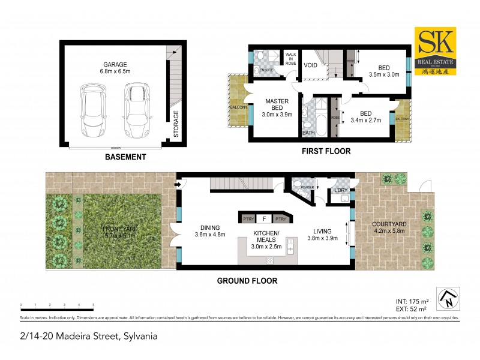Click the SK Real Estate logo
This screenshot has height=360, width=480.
pyautogui.click(x=436, y=50)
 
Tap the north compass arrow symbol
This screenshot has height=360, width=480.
pyautogui.click(x=446, y=296)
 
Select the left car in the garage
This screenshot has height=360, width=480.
pyautogui.click(x=94, y=109)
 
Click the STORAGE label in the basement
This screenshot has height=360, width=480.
pyautogui.click(x=176, y=124)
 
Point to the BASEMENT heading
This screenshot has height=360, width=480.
pyautogui.click(x=125, y=157)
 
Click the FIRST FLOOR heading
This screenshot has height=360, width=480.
pyautogui.click(x=326, y=151)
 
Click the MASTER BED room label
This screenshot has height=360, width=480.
pyautogui.click(x=277, y=104)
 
